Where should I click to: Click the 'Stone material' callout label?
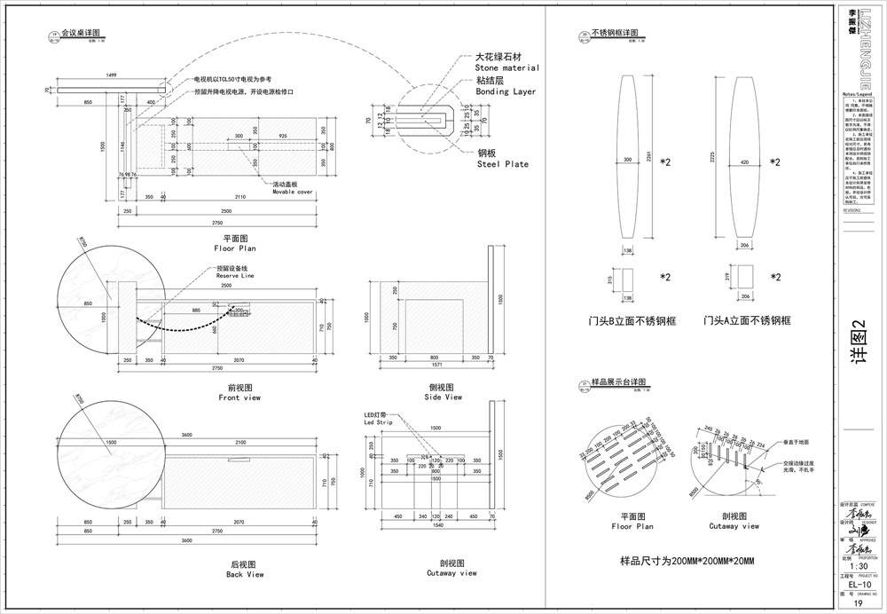coord(506,67)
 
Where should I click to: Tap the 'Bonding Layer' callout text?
coord(506,91)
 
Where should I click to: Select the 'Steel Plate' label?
coord(502,164)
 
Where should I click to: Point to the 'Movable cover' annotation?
coord(293,192)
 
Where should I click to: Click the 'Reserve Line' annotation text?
coord(235,277)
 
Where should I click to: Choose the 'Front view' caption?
coord(239,398)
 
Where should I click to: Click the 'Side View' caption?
coord(443,398)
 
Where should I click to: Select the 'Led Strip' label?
coord(377,422)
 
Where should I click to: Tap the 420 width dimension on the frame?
coord(743,162)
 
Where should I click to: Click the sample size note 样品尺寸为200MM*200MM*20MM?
coord(687,562)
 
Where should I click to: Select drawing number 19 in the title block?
coord(858,604)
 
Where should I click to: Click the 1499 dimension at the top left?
coord(111,75)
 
